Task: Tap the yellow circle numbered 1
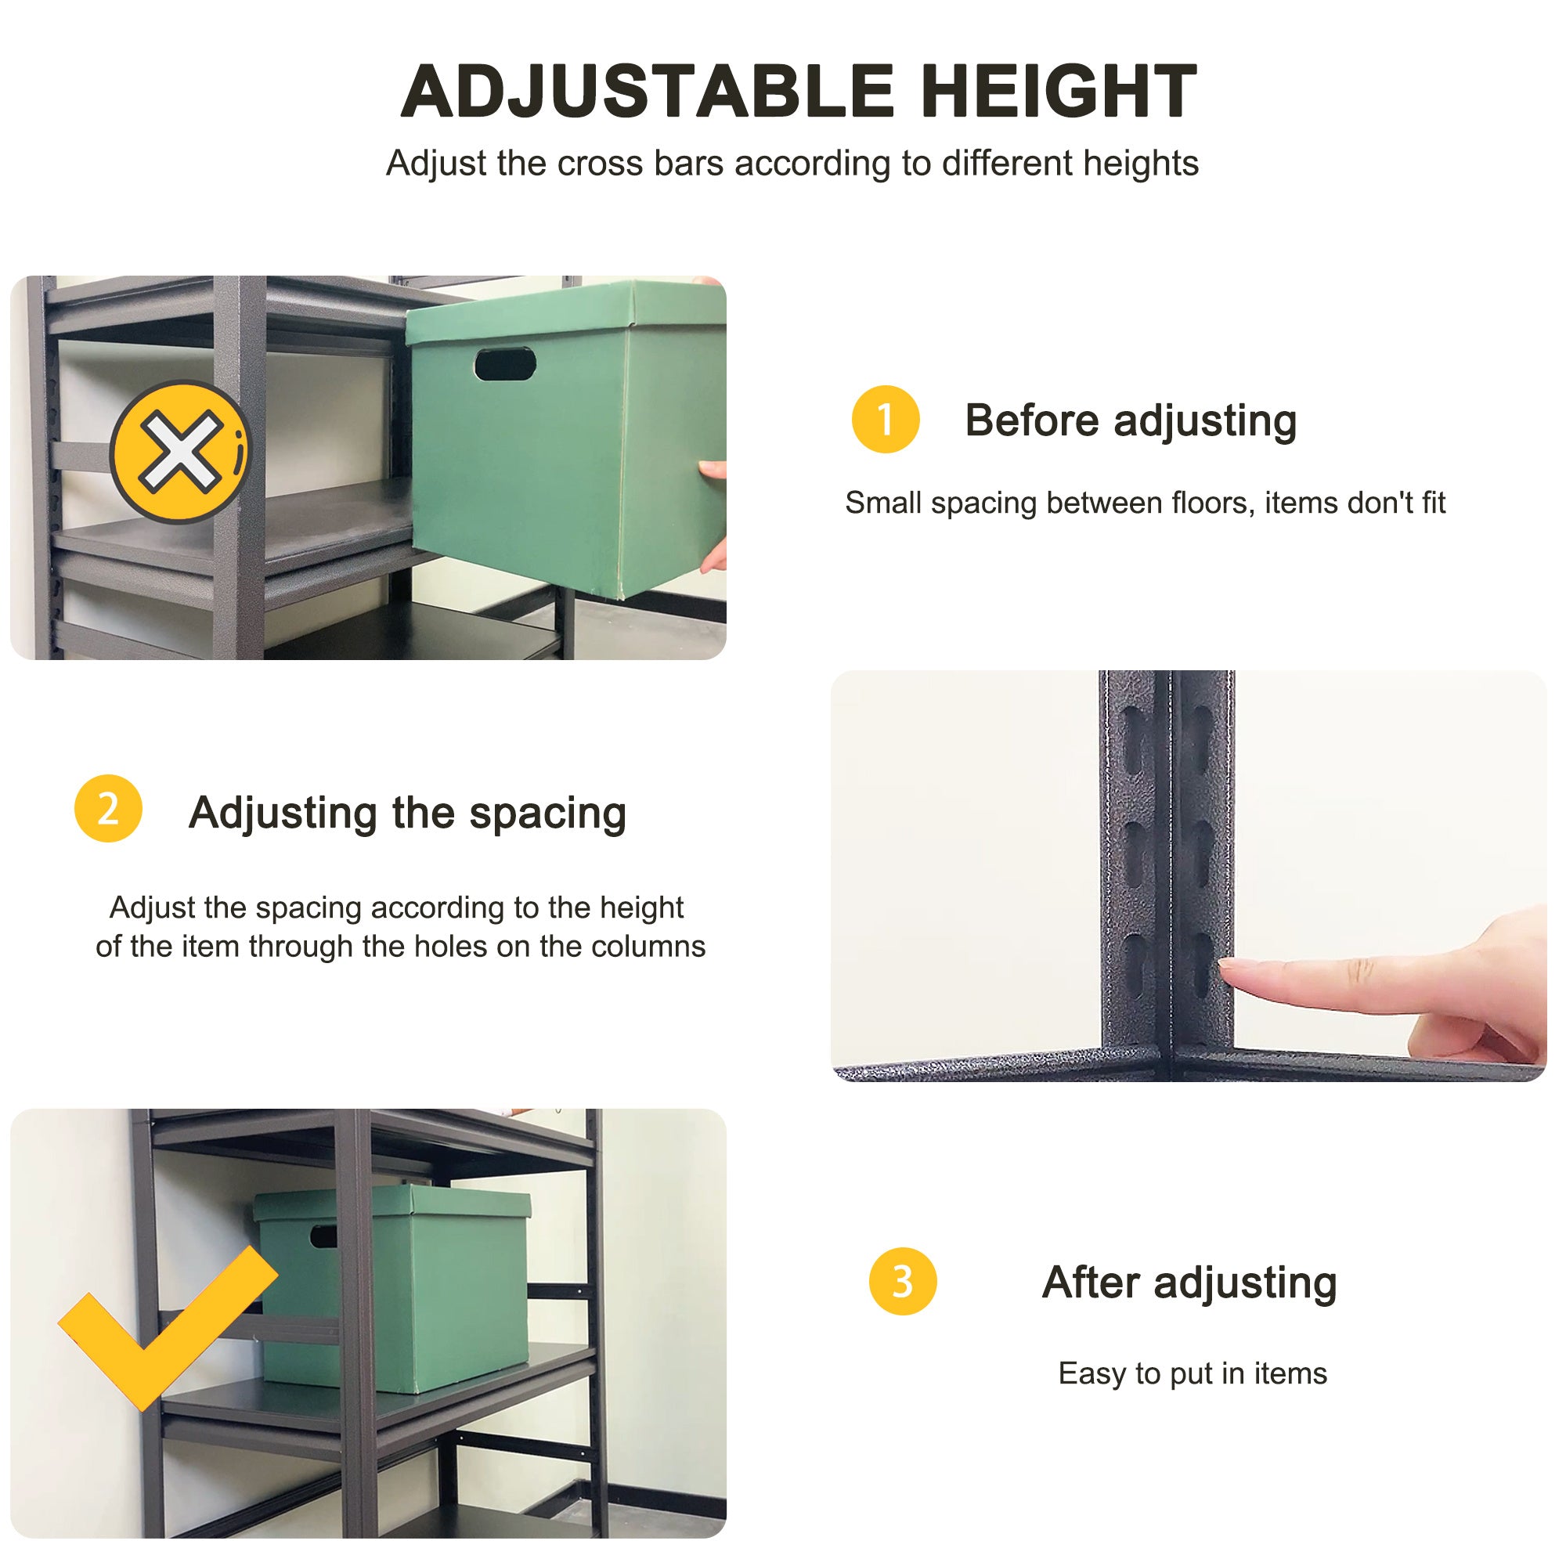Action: [x=885, y=419]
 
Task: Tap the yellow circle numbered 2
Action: [x=108, y=808]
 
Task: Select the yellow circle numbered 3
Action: [x=902, y=1282]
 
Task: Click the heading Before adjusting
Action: [x=1130, y=420]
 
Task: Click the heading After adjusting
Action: [x=1189, y=1283]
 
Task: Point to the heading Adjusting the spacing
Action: [x=407, y=812]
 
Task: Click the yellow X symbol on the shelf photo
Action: [x=180, y=452]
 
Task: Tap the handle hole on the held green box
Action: [x=505, y=364]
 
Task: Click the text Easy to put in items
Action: [x=1193, y=1374]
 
